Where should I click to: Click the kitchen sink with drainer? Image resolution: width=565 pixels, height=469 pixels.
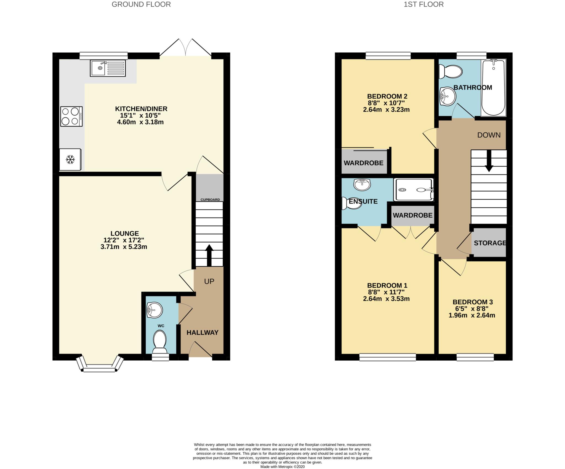coord(108,68)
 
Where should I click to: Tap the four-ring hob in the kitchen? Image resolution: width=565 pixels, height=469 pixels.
coord(71,116)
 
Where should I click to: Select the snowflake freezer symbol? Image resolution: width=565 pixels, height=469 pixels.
coord(70,159)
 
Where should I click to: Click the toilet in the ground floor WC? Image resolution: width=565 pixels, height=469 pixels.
coord(160,342)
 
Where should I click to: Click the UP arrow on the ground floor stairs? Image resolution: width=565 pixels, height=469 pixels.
coord(209,255)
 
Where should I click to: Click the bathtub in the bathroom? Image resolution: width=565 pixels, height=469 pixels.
coord(494,88)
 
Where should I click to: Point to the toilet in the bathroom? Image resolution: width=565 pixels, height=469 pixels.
coord(450,71)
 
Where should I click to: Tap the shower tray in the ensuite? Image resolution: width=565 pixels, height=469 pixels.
coord(414,190)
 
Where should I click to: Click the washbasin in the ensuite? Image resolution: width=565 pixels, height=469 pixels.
coord(362,184)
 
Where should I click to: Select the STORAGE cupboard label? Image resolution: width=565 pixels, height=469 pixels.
coord(490,243)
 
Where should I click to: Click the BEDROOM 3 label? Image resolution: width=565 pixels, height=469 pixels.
coord(473,302)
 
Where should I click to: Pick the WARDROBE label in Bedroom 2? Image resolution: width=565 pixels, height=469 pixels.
coord(364,163)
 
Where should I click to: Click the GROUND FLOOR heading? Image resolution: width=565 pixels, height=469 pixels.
coord(141,4)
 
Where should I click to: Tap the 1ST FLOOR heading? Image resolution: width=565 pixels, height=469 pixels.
coord(424,4)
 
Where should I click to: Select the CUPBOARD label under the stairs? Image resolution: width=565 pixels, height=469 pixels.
coord(210,200)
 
